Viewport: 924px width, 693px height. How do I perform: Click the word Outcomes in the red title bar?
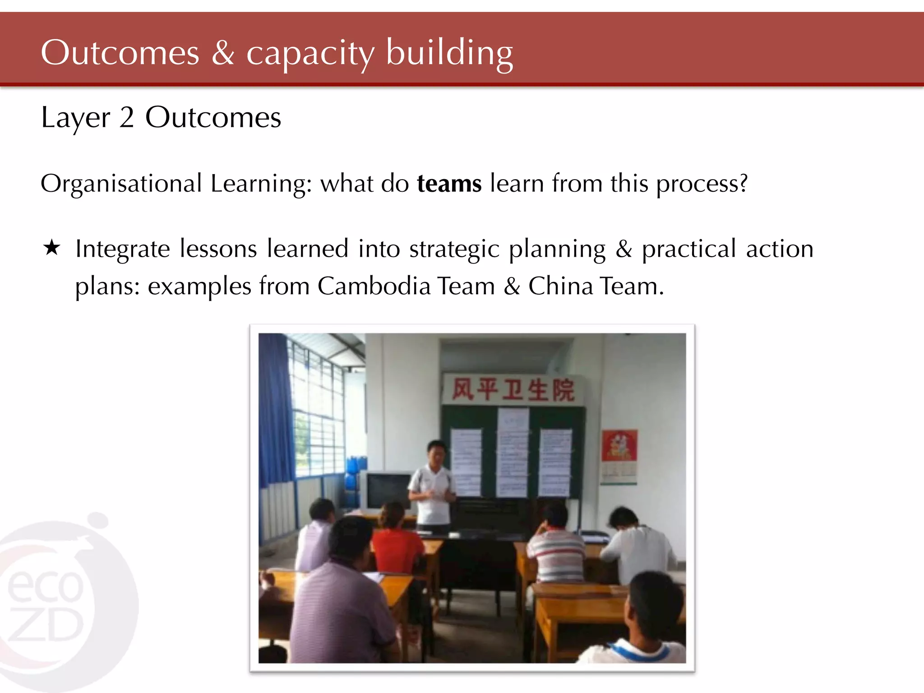click(120, 53)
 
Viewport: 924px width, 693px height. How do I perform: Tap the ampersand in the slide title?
click(223, 53)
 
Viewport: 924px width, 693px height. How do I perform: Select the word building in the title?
click(449, 53)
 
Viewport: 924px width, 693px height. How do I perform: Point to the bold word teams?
click(449, 184)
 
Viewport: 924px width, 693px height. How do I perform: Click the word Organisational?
click(121, 184)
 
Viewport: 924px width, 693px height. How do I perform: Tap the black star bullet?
click(52, 248)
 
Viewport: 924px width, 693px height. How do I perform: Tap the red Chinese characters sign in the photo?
click(513, 389)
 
